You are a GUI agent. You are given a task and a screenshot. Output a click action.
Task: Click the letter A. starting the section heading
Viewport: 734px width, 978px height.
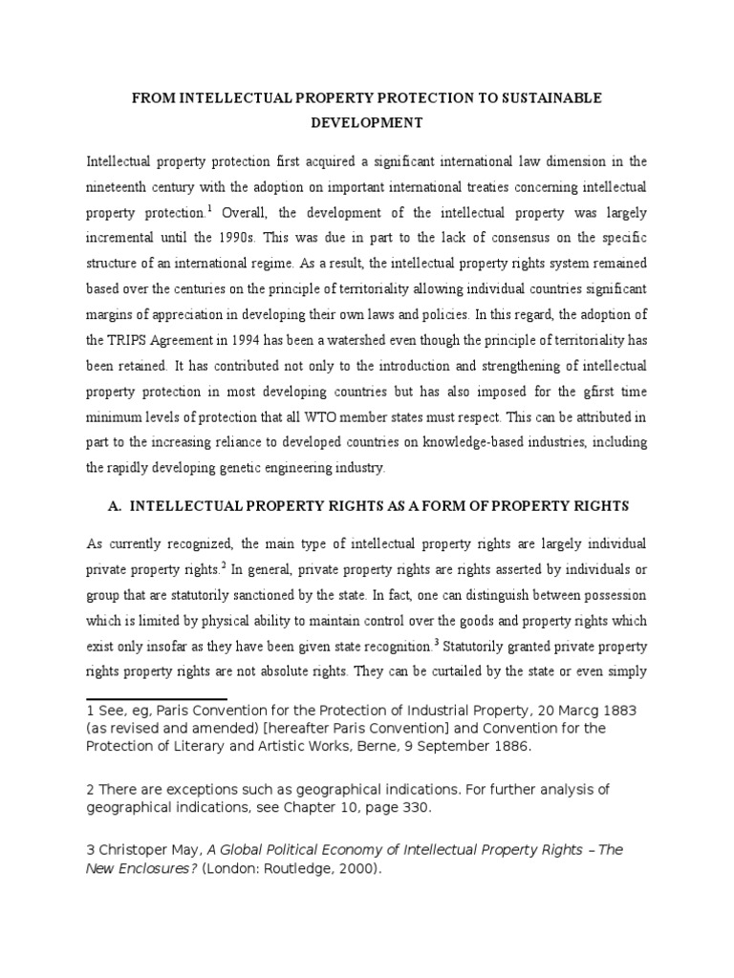(119, 504)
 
